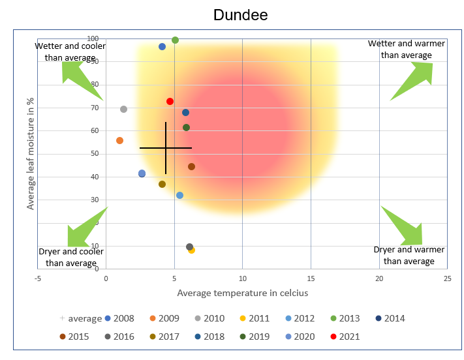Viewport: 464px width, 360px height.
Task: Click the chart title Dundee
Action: point(240,15)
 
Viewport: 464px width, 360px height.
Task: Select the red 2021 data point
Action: point(170,102)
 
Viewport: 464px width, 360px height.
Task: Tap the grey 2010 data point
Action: point(123,110)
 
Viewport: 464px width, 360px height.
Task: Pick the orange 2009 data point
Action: point(119,140)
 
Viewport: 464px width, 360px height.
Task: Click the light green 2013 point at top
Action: point(175,40)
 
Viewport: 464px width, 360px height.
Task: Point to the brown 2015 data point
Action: point(191,167)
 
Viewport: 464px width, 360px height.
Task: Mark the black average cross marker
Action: point(166,148)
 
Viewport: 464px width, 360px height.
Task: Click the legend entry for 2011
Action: point(254,318)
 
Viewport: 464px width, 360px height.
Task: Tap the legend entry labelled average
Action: point(80,318)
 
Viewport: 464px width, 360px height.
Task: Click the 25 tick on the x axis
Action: point(447,278)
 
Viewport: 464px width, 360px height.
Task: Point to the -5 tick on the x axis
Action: point(38,278)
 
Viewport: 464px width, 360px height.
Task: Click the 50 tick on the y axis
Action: point(94,154)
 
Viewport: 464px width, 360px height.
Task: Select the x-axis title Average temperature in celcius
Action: point(242,293)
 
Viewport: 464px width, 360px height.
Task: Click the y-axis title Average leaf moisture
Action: point(30,154)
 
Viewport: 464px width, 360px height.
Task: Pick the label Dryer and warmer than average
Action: point(409,256)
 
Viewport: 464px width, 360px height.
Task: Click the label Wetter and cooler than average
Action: point(70,52)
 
